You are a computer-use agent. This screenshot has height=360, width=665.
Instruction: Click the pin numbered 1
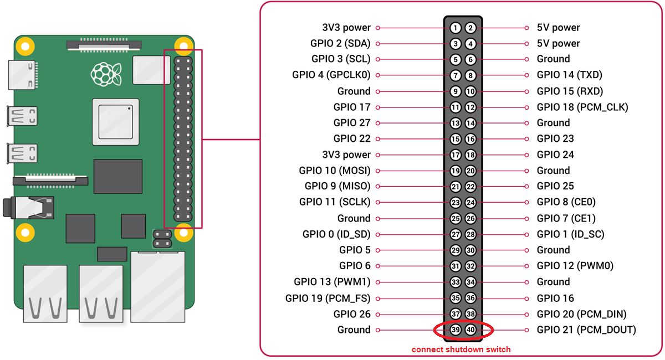point(456,28)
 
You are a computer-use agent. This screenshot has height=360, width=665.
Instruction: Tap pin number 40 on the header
point(470,330)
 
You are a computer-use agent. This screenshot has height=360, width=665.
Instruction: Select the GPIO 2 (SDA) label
point(340,43)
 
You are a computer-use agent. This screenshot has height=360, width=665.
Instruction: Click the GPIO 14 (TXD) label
point(570,75)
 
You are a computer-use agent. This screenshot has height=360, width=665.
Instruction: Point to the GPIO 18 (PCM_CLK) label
point(582,107)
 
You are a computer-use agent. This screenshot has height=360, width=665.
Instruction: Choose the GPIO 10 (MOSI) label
point(335,171)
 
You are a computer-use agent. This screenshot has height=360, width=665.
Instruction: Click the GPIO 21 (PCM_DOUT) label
point(586,330)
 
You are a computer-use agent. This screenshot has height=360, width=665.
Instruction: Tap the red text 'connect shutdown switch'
point(461,349)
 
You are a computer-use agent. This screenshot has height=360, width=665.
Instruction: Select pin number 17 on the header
point(456,155)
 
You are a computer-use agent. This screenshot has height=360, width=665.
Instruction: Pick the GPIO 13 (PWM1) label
point(332,282)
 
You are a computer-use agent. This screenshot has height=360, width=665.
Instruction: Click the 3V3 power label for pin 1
point(346,28)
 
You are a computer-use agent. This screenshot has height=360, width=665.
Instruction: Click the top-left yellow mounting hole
point(23,44)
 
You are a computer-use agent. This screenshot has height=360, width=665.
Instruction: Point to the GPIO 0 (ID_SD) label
point(336,234)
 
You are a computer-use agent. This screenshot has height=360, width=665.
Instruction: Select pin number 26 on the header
point(470,219)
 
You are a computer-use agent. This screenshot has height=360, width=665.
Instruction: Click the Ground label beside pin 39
point(354,330)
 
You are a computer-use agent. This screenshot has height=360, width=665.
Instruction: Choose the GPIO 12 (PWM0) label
point(575,266)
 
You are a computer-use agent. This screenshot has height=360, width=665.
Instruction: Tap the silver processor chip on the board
point(115,119)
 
